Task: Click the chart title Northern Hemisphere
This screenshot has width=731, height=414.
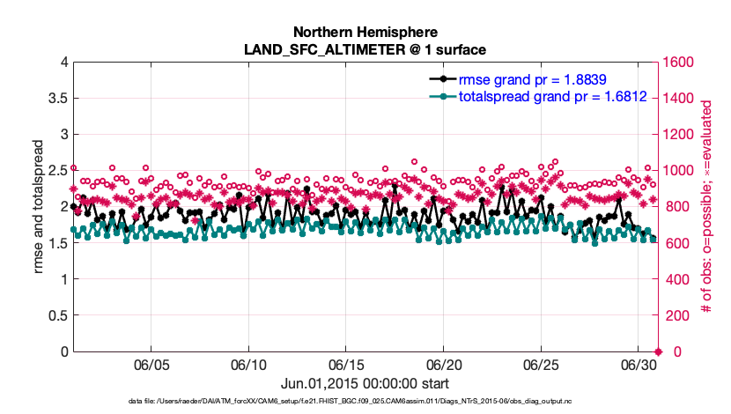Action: pyautogui.click(x=365, y=32)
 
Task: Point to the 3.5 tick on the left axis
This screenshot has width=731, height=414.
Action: pyautogui.click(x=55, y=98)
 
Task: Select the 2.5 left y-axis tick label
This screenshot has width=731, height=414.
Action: pyautogui.click(x=55, y=170)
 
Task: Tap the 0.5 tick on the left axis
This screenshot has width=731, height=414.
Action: pyautogui.click(x=55, y=315)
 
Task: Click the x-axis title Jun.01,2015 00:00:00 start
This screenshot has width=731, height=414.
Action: pyautogui.click(x=365, y=383)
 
